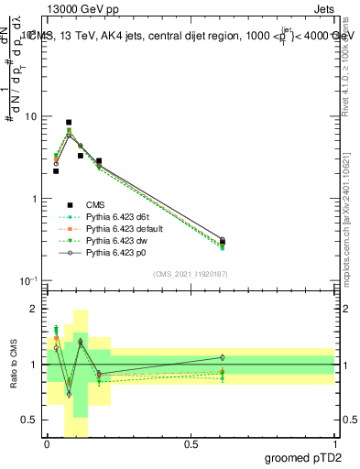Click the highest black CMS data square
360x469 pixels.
(x=69, y=122)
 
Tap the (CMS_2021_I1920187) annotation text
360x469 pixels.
(x=191, y=274)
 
